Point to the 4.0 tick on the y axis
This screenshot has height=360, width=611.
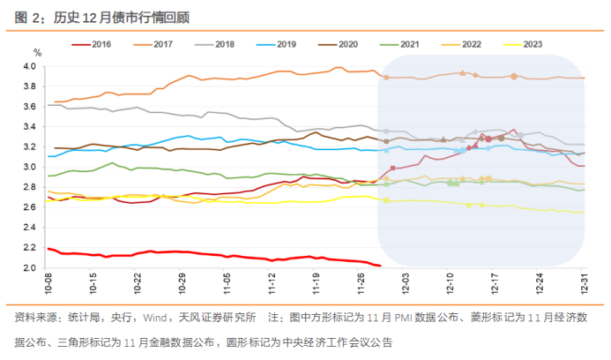pos(31,66)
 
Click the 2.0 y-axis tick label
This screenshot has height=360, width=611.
pos(31,267)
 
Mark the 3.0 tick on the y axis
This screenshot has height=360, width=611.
pos(31,167)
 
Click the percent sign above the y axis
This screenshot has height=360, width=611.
pos(37,54)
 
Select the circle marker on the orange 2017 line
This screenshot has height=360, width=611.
pos(514,77)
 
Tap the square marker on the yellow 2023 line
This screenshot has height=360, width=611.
pos(386,200)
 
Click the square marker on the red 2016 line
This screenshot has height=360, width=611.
pos(392,168)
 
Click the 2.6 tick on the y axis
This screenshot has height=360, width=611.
pos(31,207)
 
